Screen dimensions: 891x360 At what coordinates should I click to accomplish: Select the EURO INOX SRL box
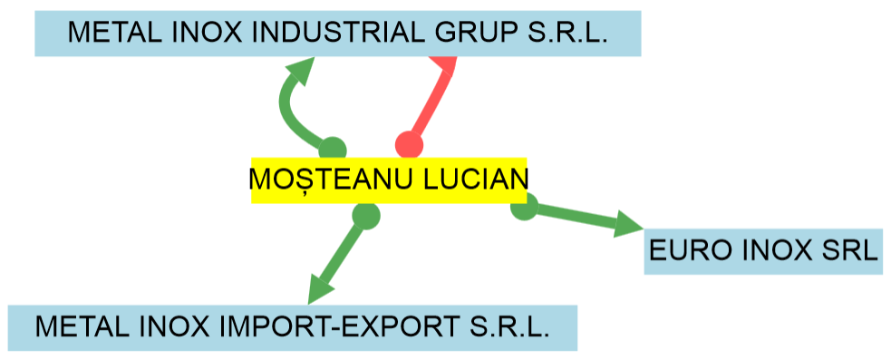pos(763,251)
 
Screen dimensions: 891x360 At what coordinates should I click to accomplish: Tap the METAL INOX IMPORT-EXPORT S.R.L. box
pos(293,327)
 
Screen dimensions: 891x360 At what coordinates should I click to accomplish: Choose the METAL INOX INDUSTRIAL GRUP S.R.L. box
pos(337,34)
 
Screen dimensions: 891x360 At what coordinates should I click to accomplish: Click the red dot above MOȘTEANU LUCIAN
pos(410,145)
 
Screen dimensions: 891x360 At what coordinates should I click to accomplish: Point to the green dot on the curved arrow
pos(333,150)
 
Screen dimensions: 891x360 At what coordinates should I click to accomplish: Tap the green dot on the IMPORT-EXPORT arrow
pos(365,216)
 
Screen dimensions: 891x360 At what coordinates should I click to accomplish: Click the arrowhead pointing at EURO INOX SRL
pos(627,224)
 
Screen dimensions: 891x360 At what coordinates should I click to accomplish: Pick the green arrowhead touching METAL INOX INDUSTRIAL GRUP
pos(301,73)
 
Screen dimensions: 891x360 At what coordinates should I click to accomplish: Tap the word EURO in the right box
pos(688,251)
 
